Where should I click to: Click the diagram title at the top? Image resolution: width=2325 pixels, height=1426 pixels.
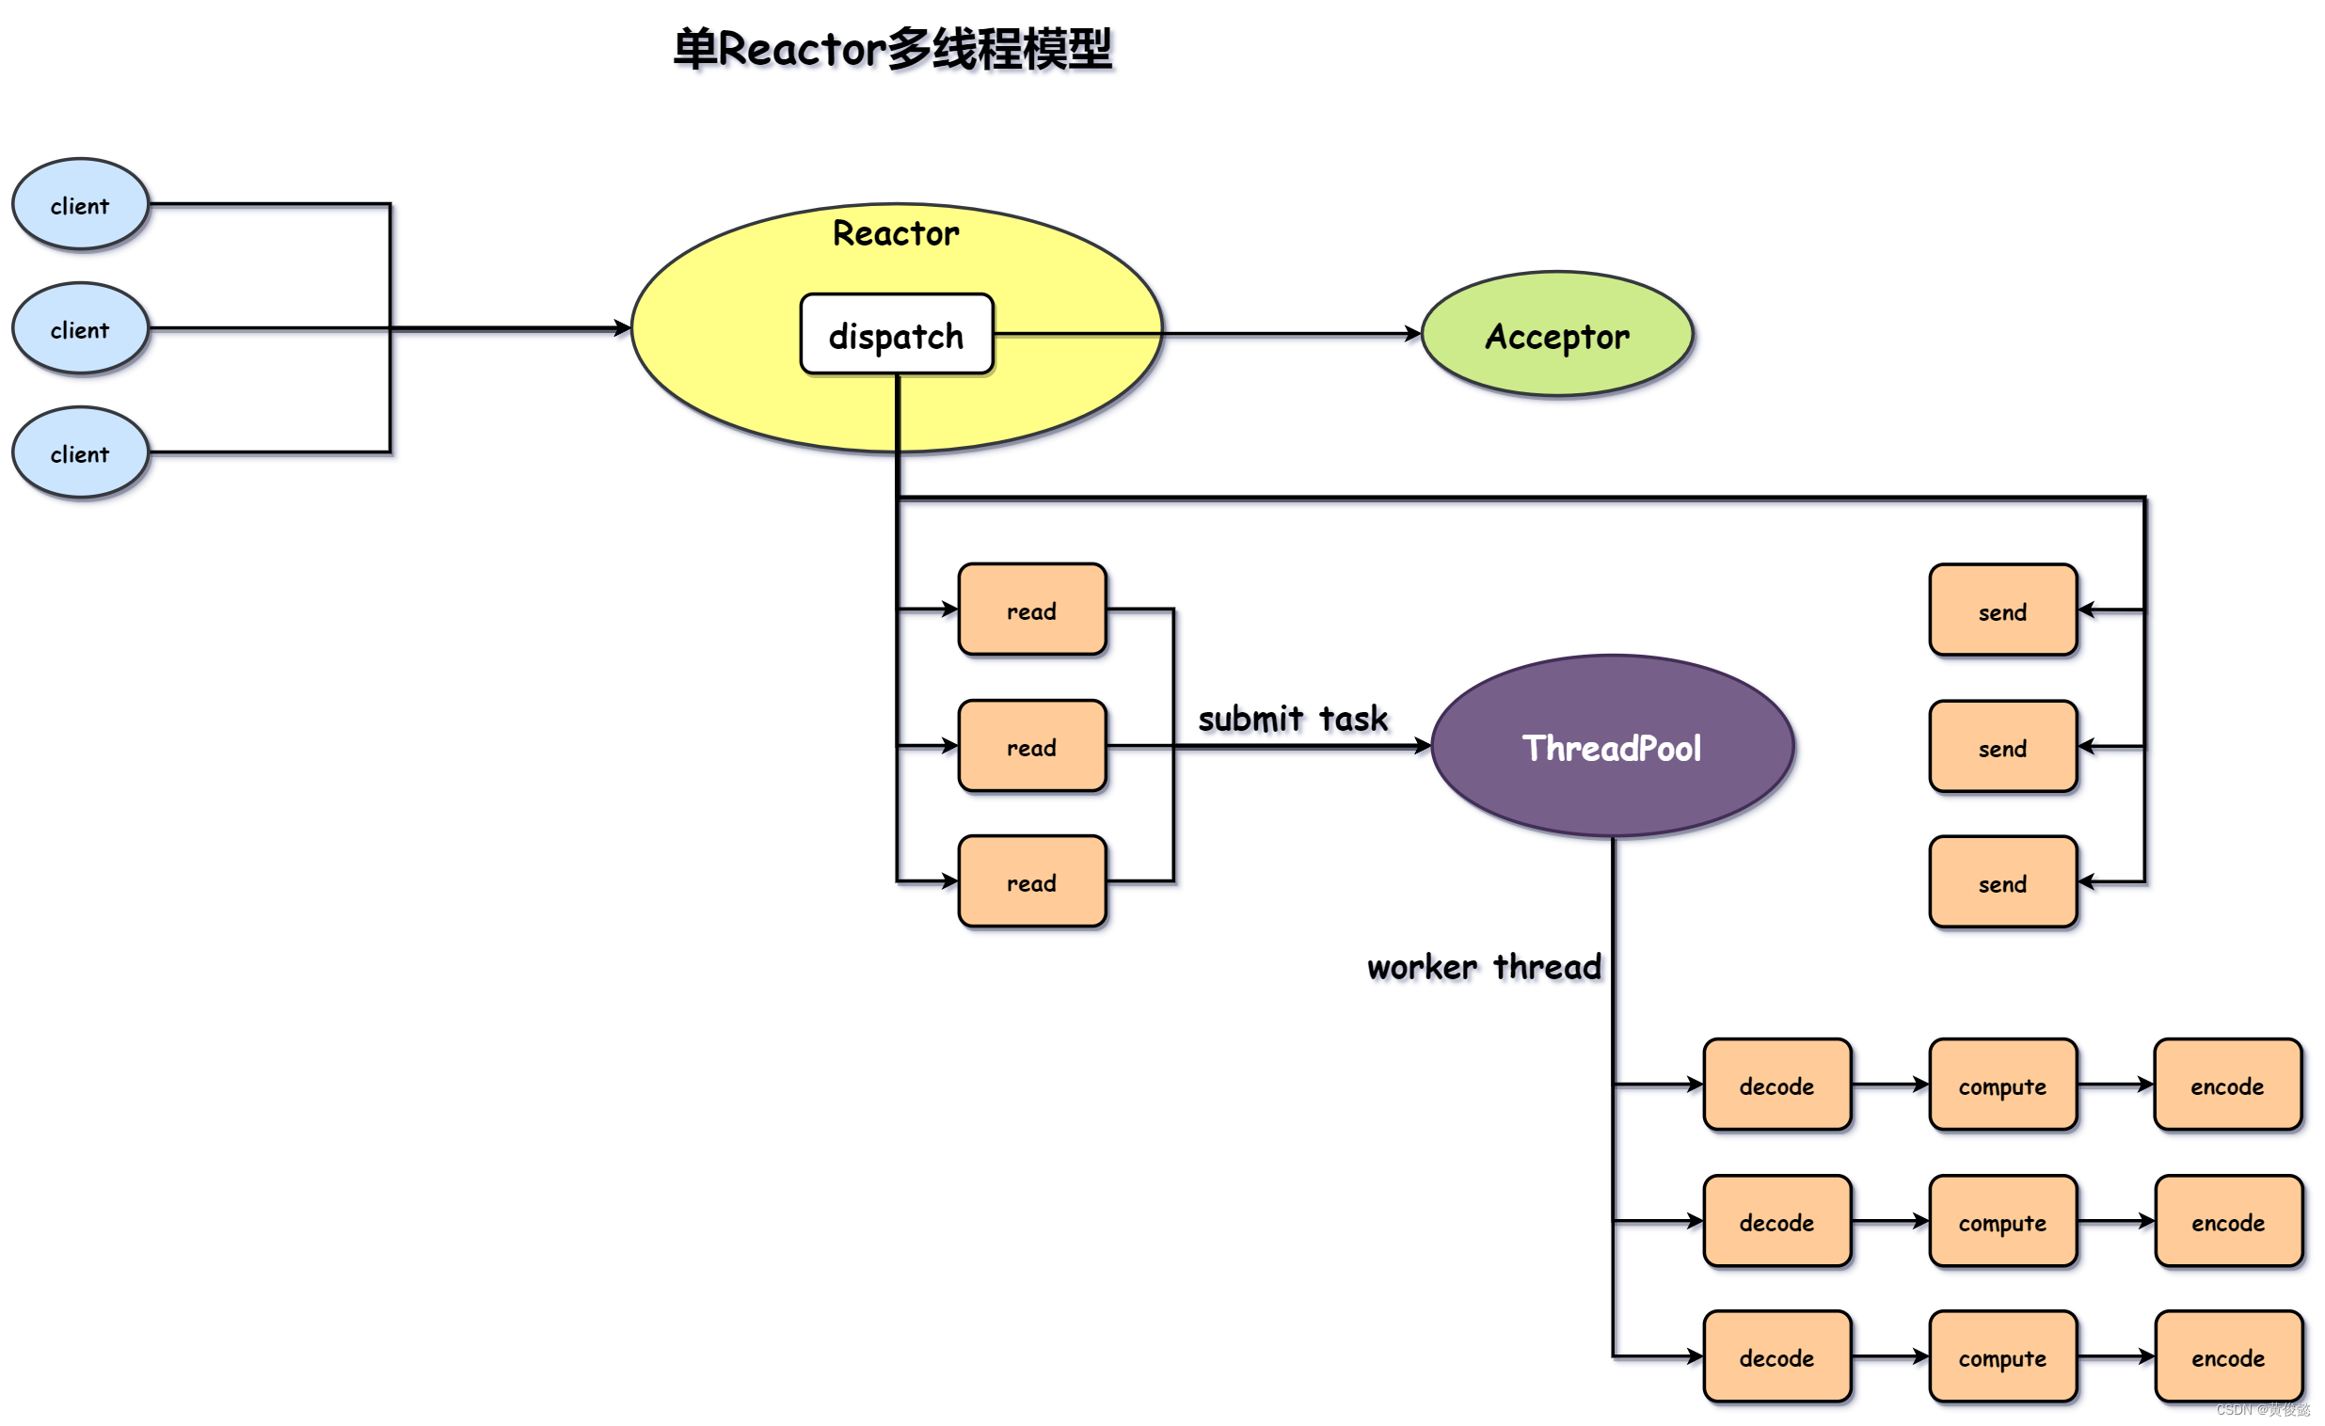click(893, 49)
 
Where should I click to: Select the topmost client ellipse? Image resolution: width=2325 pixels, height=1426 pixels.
click(80, 205)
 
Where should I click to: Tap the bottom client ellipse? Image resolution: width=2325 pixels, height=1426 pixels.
click(80, 453)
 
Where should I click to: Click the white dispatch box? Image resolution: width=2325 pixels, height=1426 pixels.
click(897, 335)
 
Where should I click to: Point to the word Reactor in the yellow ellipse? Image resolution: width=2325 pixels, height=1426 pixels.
click(896, 233)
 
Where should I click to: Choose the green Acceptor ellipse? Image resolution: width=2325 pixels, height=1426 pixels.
click(1557, 335)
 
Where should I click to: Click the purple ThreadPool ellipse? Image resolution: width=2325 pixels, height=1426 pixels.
click(1612, 747)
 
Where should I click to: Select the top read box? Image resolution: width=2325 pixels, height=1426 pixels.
click(1031, 610)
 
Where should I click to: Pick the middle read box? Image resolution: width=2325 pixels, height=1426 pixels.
click(1031, 747)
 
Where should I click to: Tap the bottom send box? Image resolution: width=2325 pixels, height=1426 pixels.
click(2002, 882)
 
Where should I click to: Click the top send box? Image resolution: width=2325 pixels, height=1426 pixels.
click(2002, 611)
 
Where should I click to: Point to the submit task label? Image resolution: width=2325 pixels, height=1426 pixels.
click(1293, 719)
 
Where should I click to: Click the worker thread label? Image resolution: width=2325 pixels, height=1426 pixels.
click(1483, 967)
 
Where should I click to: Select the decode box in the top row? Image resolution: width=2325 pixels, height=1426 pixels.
click(1776, 1085)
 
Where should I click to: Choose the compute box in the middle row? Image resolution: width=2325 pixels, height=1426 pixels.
click(2002, 1222)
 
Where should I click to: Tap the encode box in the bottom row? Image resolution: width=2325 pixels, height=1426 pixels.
click(2228, 1357)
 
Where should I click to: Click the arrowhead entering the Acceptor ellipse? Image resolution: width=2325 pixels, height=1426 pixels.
click(1412, 334)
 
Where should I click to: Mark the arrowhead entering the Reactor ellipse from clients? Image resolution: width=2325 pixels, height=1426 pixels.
click(623, 328)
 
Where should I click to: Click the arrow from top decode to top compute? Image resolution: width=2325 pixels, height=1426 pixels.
click(1890, 1085)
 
